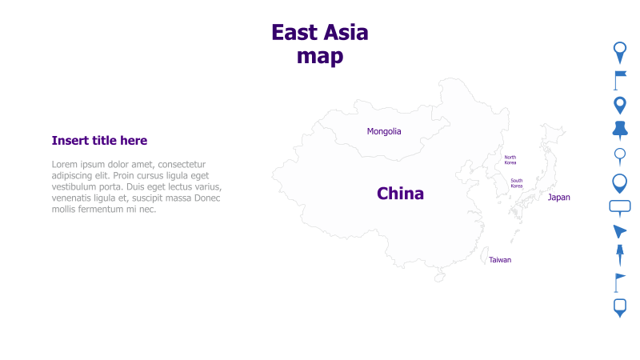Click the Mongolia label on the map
[x=384, y=131]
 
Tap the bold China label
[x=400, y=194]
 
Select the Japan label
[x=558, y=197]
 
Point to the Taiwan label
[x=500, y=260]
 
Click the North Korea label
[x=510, y=160]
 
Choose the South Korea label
[x=517, y=183]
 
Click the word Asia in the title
[x=345, y=33]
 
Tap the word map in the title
[x=320, y=56]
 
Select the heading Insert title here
[x=99, y=141]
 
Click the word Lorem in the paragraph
[x=67, y=164]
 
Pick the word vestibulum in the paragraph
[x=78, y=186]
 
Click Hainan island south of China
[x=439, y=277]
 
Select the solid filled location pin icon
[x=619, y=105]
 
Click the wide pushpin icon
[x=619, y=130]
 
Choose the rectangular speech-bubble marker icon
[x=620, y=206]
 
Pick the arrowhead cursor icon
[x=619, y=231]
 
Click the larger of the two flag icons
[x=620, y=78]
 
